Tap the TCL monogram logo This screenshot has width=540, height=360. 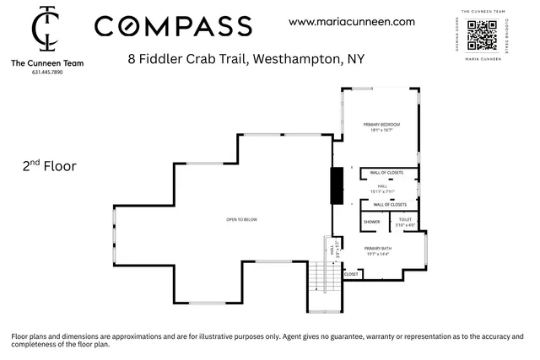click(x=46, y=30)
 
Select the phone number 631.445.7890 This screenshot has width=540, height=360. click(x=46, y=73)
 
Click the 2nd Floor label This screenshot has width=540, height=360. click(x=49, y=166)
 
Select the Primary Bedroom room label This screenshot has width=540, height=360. click(x=381, y=125)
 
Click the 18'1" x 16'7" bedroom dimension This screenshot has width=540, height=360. click(x=381, y=131)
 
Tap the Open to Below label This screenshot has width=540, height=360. click(x=241, y=219)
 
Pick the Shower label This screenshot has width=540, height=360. click(x=372, y=223)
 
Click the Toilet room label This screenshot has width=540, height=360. click(x=405, y=219)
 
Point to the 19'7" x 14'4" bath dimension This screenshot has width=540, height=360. click(x=377, y=254)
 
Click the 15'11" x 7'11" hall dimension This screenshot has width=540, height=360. click(x=382, y=191)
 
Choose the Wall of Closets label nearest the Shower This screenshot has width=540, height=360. click(x=390, y=205)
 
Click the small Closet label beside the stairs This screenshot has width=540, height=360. click(x=352, y=274)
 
